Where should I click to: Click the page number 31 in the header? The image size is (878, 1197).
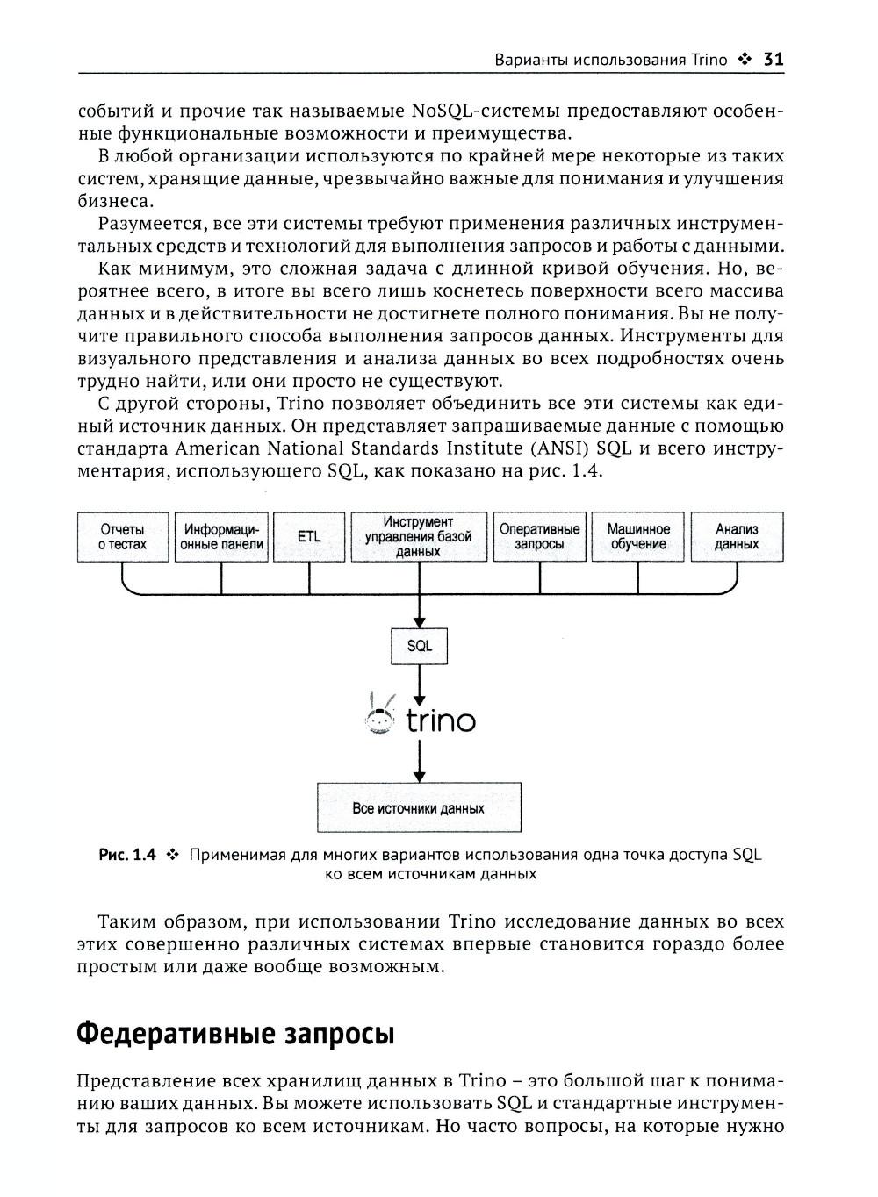[x=773, y=60]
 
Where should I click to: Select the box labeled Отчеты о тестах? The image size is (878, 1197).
[x=122, y=537]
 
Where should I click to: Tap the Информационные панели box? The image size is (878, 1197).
[x=221, y=537]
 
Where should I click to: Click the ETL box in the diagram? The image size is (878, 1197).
[x=309, y=537]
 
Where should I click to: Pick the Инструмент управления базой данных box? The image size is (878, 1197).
[x=419, y=537]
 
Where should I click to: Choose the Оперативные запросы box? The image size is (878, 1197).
[x=539, y=537]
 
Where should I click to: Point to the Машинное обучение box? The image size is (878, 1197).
[x=638, y=537]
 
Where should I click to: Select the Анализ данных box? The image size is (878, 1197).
[x=737, y=537]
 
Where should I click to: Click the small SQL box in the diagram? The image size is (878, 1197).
[x=420, y=646]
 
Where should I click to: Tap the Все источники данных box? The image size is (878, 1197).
[x=419, y=807]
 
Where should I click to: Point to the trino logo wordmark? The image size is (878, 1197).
[x=441, y=721]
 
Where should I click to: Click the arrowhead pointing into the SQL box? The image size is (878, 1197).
[x=420, y=621]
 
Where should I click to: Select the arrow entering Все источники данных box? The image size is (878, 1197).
[x=420, y=775]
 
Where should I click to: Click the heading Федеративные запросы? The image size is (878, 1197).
[x=235, y=1034]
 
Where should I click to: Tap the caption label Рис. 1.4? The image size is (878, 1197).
[x=127, y=854]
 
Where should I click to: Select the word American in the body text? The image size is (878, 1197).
[x=218, y=448]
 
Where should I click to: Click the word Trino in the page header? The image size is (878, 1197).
[x=709, y=60]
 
